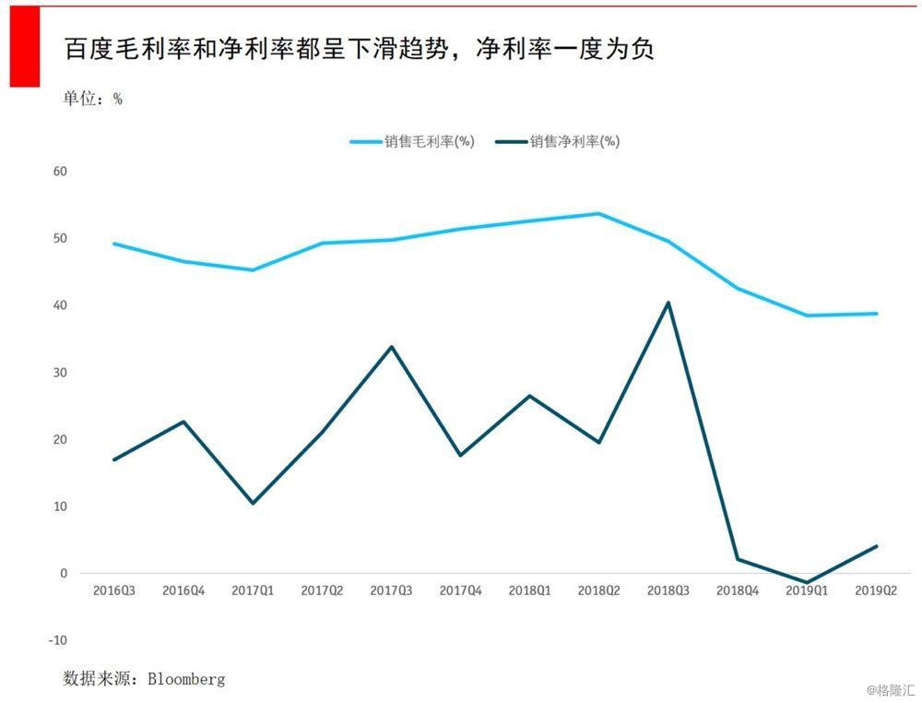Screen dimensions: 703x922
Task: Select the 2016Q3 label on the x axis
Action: [114, 590]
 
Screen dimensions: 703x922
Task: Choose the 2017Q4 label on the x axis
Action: [460, 590]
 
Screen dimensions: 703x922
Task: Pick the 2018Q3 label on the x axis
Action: [668, 590]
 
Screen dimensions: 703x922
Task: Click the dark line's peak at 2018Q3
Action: [668, 303]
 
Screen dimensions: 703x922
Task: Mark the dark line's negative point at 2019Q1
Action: [808, 583]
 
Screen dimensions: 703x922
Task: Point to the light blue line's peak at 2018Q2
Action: [598, 214]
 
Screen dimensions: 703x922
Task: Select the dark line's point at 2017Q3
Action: [391, 347]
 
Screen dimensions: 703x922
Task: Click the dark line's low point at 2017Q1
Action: [253, 503]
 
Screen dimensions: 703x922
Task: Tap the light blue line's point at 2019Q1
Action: [808, 316]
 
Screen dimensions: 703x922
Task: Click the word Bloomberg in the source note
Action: [186, 679]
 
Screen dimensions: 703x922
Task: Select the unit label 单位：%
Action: [92, 99]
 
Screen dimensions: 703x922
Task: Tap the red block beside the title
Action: [25, 46]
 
